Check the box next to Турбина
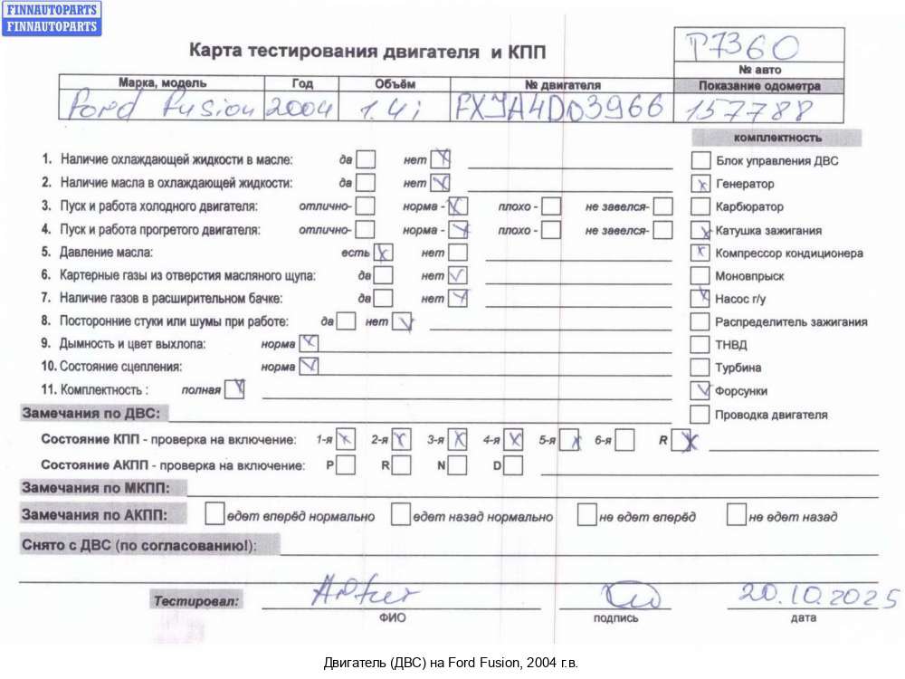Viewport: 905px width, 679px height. [x=700, y=368]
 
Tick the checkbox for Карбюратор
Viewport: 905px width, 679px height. [x=700, y=206]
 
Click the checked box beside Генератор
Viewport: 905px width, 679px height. [x=700, y=183]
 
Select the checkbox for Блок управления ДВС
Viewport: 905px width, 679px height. [x=700, y=160]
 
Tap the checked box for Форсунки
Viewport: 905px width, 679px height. [x=700, y=391]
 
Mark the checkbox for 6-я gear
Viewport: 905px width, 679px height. [x=624, y=441]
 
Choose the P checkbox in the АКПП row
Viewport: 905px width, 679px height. [x=346, y=465]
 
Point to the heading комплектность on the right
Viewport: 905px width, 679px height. [x=777, y=138]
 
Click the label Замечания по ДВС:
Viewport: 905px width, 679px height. [x=90, y=414]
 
